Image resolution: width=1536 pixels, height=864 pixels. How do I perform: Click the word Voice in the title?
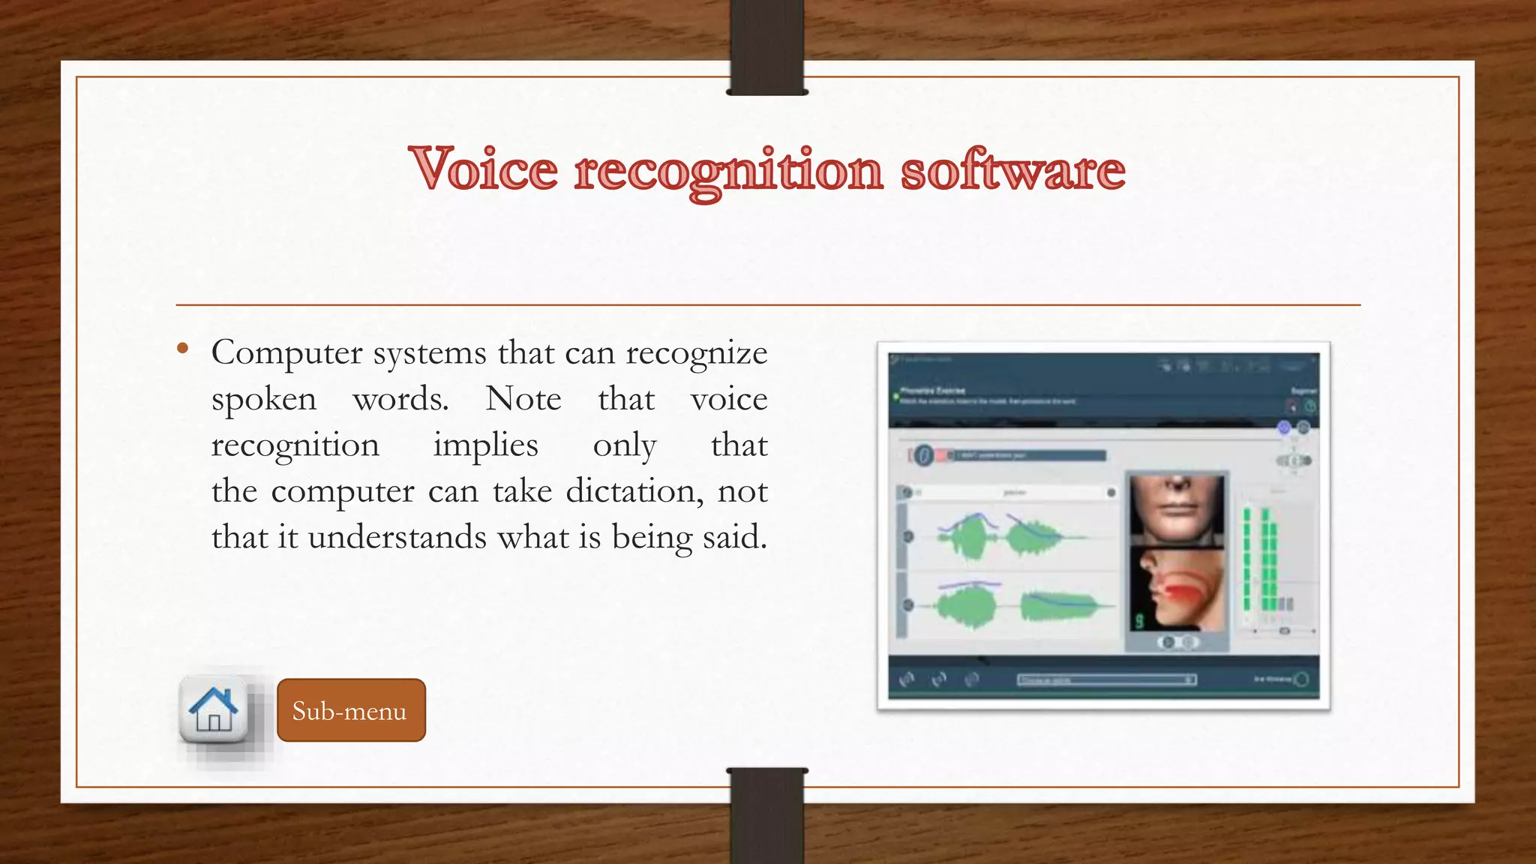pos(484,169)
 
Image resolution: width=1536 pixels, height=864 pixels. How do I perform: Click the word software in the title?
pos(1012,169)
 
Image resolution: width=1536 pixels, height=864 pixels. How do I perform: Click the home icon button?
pos(214,709)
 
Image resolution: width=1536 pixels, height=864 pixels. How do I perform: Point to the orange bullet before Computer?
pos(182,348)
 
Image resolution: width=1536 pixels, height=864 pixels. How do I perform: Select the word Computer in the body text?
pos(286,353)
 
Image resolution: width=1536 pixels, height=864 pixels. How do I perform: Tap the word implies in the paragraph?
pos(485,445)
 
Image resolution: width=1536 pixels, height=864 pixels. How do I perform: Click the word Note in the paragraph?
pos(523,399)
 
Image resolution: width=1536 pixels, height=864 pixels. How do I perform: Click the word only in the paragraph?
pos(624,445)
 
